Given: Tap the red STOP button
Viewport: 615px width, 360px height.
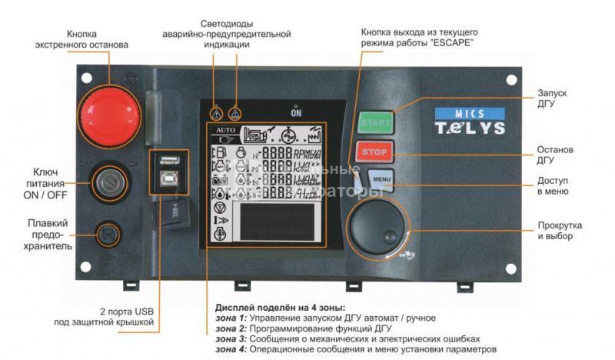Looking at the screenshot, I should coord(375,150).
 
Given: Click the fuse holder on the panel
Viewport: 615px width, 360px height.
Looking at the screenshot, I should coord(107,233).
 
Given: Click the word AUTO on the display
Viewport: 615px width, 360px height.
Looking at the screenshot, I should coord(226,131).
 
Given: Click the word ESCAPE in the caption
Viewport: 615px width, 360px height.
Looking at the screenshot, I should coord(451,44).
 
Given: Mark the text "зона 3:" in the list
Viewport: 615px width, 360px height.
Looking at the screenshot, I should coord(231,338).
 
